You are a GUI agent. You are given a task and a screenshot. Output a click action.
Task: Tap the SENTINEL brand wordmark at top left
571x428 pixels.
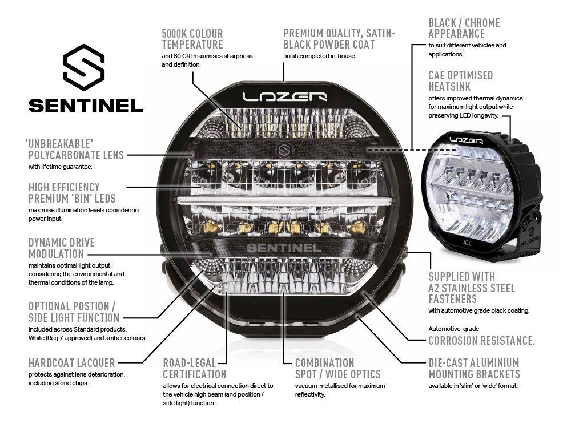pos(86,106)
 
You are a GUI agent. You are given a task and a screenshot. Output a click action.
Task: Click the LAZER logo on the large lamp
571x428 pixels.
pos(284,96)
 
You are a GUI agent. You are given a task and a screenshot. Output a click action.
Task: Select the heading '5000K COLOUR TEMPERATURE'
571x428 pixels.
pos(192,39)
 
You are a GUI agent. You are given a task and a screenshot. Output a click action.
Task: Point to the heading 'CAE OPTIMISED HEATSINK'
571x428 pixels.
pos(460,80)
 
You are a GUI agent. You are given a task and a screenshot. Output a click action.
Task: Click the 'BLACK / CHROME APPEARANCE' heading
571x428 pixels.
pos(464,28)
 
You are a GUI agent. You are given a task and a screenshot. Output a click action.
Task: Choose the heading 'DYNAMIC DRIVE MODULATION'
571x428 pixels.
pos(62,248)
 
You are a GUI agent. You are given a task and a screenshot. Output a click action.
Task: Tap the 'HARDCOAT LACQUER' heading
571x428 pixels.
pos(71,362)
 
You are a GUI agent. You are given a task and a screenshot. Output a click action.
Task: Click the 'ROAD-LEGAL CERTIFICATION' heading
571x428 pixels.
pos(195,368)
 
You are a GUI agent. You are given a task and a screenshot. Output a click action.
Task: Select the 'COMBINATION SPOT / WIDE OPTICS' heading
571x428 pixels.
pos(337,368)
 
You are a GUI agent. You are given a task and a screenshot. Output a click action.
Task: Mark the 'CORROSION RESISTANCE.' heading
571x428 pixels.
pos(481,341)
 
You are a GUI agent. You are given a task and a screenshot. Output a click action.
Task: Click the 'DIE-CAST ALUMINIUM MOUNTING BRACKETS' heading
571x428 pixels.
pos(474,368)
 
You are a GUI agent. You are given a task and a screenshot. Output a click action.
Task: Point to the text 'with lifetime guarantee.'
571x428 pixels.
pos(60,167)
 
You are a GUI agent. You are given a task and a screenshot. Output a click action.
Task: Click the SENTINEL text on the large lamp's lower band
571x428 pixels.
pos(283,248)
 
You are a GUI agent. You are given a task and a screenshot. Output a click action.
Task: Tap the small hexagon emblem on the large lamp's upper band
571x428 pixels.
pos(284,150)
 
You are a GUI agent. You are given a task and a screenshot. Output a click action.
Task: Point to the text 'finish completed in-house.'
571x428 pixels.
pos(319,56)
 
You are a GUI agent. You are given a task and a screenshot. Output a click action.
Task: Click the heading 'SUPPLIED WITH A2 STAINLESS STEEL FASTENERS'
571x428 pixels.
pos(472,288)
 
